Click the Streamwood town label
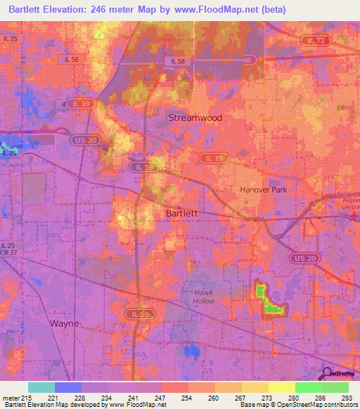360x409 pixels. pyautogui.click(x=195, y=118)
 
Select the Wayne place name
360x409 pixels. pyautogui.click(x=64, y=323)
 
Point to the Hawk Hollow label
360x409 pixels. pyautogui.click(x=204, y=296)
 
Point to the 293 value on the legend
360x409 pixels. pyautogui.click(x=347, y=398)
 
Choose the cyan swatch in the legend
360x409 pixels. pyautogui.click(x=41, y=387)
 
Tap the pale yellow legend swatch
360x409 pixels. pyautogui.click(x=281, y=387)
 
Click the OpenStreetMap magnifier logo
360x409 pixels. pyautogui.click(x=328, y=373)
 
